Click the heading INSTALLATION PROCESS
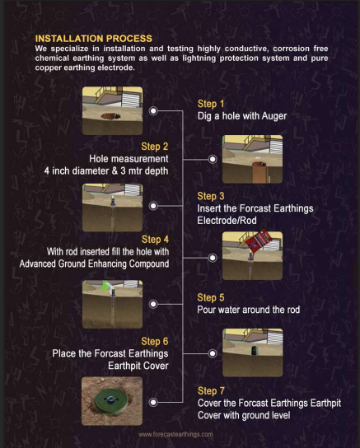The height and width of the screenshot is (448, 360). point(94,39)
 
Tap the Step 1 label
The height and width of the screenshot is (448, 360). point(211,104)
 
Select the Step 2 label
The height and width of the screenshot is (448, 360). point(155,147)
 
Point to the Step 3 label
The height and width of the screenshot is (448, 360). point(211,196)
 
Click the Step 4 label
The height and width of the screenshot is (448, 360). point(155,240)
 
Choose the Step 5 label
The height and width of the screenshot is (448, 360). point(211,298)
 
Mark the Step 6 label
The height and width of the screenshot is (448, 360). point(155,342)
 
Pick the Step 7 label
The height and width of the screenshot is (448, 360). point(211,391)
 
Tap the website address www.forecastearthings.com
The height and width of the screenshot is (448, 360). point(175,435)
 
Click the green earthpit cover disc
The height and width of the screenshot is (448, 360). point(112,399)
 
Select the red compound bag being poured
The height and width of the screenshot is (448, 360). point(259,240)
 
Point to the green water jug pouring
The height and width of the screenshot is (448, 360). point(107,286)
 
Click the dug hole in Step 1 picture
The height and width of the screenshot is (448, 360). point(110,116)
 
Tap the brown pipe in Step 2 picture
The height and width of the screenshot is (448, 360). point(260,173)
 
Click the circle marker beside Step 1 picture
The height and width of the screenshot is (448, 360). point(153,111)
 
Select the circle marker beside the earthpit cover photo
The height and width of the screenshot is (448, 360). point(153,402)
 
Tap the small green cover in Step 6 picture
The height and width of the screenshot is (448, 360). point(254,350)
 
